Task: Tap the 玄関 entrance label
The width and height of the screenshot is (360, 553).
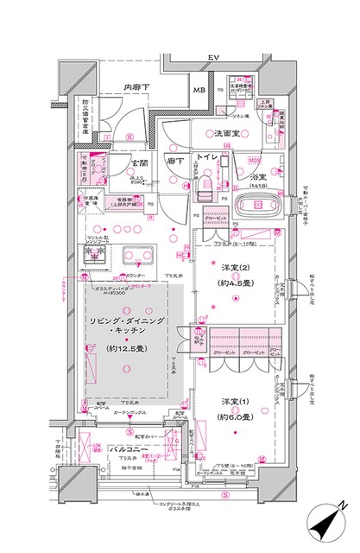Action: point(141,162)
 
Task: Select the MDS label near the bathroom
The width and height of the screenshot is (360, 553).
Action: point(255,160)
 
